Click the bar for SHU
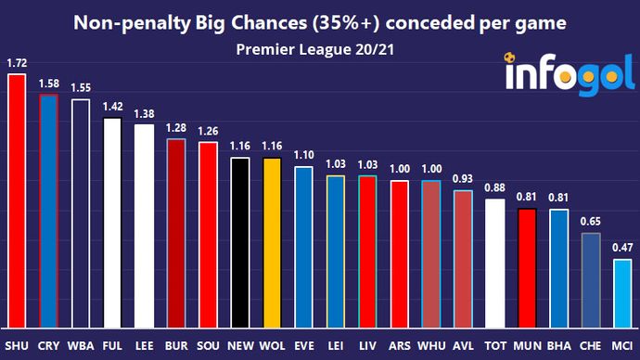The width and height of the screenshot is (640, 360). [16, 200]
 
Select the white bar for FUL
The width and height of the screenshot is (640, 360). [112, 223]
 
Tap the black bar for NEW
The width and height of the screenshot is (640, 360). [238, 242]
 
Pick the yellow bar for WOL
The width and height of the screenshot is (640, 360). [271, 242]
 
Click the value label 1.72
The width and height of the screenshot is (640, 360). [16, 63]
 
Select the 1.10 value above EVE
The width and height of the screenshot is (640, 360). [303, 155]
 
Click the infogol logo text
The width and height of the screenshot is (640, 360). [564, 74]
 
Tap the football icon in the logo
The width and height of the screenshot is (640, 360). [511, 58]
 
